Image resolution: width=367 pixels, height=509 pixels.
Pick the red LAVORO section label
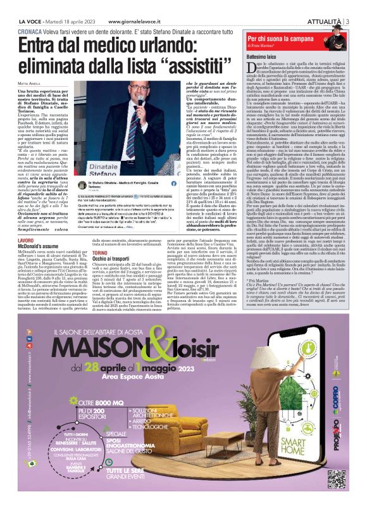(26, 242)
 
